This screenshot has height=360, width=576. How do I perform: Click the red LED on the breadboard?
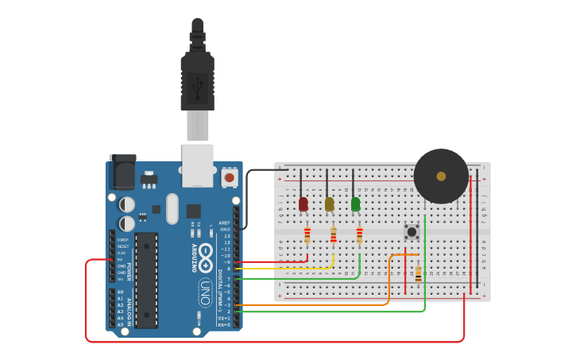tap(303, 204)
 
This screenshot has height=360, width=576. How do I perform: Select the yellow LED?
tap(329, 204)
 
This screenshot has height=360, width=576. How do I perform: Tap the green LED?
tap(355, 204)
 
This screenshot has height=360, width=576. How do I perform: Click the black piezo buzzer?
tap(441, 176)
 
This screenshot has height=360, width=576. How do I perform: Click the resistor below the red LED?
tap(307, 235)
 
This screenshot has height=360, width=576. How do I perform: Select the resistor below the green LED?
tap(359, 235)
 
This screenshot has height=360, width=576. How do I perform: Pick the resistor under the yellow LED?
tap(334, 235)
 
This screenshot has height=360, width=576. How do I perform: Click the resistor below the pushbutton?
tap(418, 275)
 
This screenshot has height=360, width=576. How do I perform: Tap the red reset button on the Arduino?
tap(230, 177)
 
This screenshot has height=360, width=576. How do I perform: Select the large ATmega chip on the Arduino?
tap(146, 280)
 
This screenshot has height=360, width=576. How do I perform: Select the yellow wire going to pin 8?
tap(286, 269)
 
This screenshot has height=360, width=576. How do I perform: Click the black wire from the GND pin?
tap(247, 199)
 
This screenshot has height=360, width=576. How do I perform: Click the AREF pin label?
tap(224, 223)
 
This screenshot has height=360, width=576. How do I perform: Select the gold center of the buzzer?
tap(441, 176)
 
